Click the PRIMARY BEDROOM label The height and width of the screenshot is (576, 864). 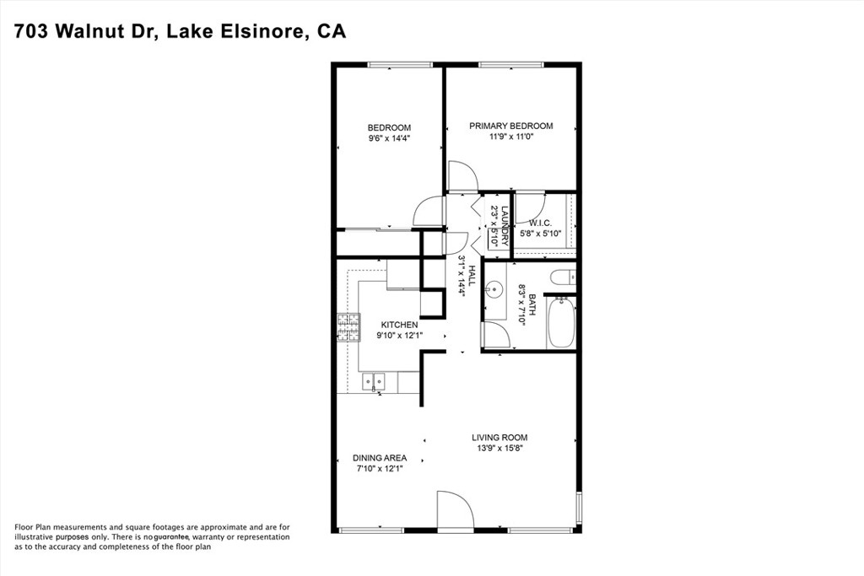(510, 127)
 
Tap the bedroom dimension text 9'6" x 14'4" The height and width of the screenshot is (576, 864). (389, 138)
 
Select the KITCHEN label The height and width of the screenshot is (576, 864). (399, 325)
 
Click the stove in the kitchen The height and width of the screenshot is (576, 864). (348, 327)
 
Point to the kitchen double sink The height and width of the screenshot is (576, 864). (374, 381)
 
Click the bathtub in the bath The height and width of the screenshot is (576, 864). (561, 322)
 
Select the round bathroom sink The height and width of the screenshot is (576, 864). (494, 288)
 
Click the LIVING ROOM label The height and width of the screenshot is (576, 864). (499, 438)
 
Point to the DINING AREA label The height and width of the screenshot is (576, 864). (380, 458)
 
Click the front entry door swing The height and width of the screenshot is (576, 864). (455, 509)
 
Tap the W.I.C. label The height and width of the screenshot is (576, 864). (540, 223)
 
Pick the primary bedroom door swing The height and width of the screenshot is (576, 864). (462, 176)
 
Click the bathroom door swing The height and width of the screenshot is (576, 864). (496, 334)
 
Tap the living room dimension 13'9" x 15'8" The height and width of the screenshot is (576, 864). (499, 449)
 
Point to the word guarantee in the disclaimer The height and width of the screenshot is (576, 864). (171, 537)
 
